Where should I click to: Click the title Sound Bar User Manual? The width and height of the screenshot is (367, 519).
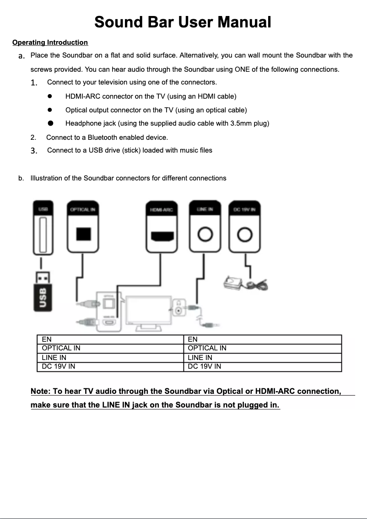pos(183,21)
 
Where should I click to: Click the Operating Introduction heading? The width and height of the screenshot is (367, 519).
pos(50,42)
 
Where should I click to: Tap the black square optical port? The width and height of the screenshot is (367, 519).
pos(83,234)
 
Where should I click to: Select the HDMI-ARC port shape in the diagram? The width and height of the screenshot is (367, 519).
pos(162,236)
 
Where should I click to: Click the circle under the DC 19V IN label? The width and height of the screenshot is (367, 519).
pos(245,235)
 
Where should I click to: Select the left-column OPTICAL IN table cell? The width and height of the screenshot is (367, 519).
pos(110,348)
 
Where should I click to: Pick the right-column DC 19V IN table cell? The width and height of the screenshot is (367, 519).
pos(262,366)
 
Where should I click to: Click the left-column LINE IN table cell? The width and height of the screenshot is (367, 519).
pos(110,357)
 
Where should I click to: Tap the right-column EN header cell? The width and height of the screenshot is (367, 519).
pos(262,339)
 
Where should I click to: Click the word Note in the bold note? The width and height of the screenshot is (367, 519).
pos(40,391)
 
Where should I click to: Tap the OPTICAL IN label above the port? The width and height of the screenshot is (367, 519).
pos(82,209)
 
